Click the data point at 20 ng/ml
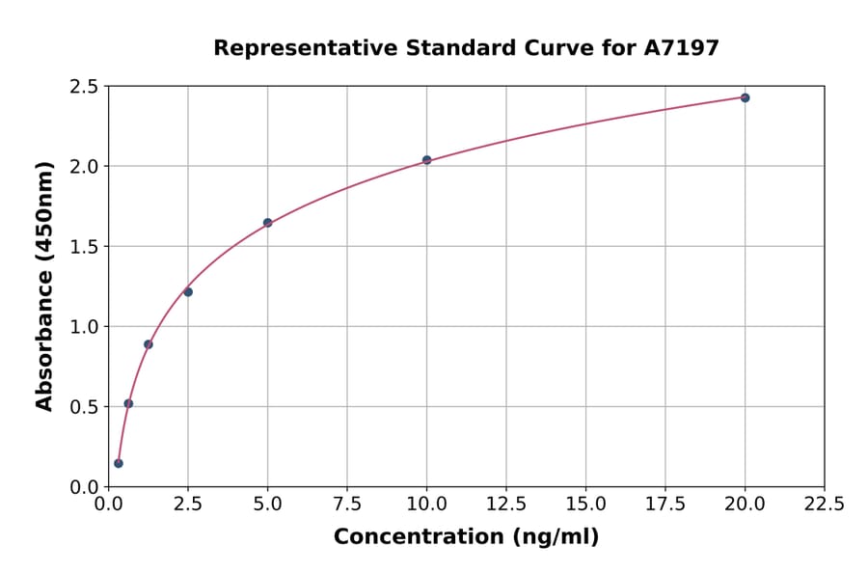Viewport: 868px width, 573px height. (x=745, y=97)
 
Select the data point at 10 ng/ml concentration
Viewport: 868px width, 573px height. (x=426, y=160)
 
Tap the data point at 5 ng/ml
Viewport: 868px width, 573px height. (x=267, y=223)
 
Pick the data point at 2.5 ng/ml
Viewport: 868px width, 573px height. (x=188, y=291)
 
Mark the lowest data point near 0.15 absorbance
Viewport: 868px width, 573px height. (x=119, y=463)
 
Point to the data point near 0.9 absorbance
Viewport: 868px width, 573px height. (x=149, y=344)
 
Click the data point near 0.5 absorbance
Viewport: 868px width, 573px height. (x=128, y=403)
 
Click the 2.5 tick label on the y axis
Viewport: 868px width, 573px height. (x=85, y=87)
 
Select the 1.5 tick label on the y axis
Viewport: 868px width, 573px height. (x=85, y=247)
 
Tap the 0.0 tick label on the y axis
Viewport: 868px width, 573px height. (x=85, y=487)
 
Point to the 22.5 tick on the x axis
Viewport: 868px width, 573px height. (x=824, y=504)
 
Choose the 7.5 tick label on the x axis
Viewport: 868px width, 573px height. (x=347, y=504)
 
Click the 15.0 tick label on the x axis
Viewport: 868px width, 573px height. (x=585, y=504)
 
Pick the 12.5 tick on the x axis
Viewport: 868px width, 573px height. (x=506, y=504)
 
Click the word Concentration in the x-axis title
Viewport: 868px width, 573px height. (x=418, y=537)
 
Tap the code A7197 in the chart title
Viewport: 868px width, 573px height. (x=681, y=48)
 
